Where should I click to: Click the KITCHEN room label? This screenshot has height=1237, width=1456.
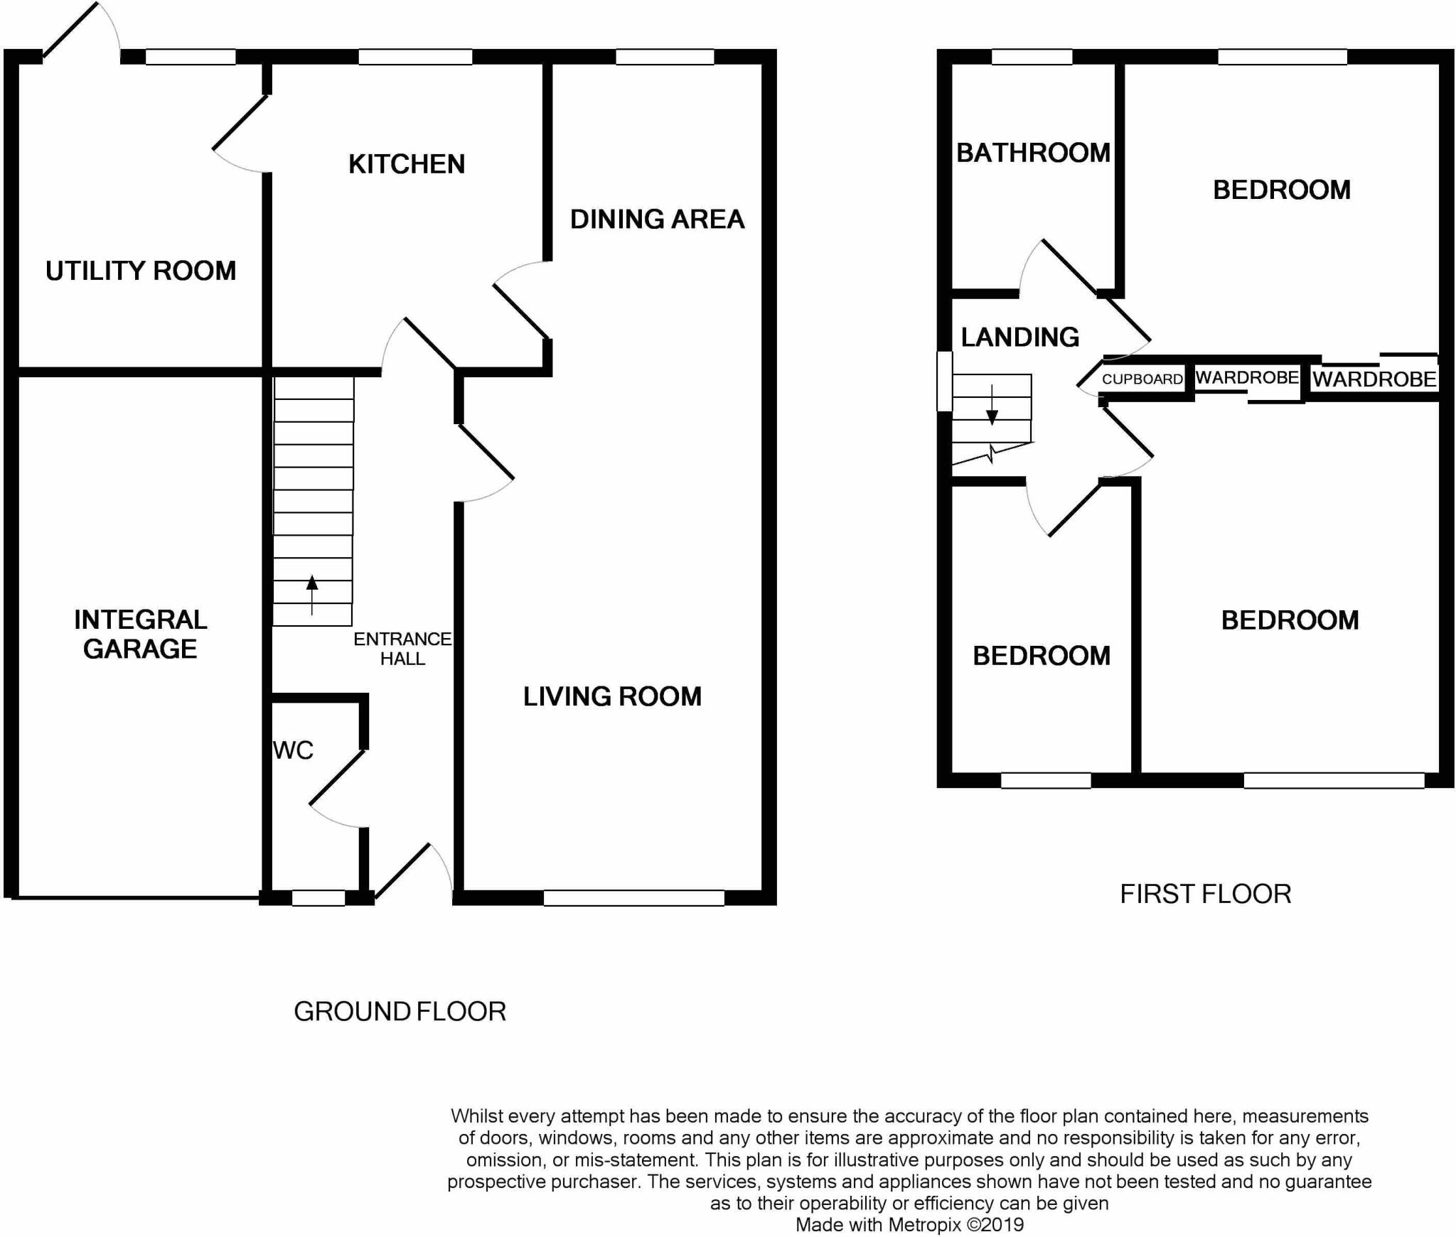coord(407,164)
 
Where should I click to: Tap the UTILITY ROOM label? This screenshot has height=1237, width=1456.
coord(141,271)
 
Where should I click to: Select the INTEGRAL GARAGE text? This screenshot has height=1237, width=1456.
coord(141,634)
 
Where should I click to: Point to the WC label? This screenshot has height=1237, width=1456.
coord(293,750)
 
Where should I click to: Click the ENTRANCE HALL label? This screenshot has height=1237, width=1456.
coord(402,649)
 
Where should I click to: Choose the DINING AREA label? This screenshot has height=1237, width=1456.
coord(657,219)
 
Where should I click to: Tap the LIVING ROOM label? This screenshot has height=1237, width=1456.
coord(612,696)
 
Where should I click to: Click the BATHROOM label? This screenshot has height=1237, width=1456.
coord(1033,153)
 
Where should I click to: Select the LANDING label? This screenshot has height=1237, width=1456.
coord(1020,337)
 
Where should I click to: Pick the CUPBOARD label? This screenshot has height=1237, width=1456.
coord(1142,379)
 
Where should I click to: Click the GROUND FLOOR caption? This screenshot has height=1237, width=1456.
coord(400,1011)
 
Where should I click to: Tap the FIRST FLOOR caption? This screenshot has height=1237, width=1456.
coord(1206,894)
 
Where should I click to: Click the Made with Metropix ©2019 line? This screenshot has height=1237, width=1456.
coord(909,1225)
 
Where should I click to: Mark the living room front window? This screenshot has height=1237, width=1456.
coord(633,898)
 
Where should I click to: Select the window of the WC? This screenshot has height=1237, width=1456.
coord(318,898)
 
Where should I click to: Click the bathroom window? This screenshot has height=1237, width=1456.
coord(1032,57)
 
